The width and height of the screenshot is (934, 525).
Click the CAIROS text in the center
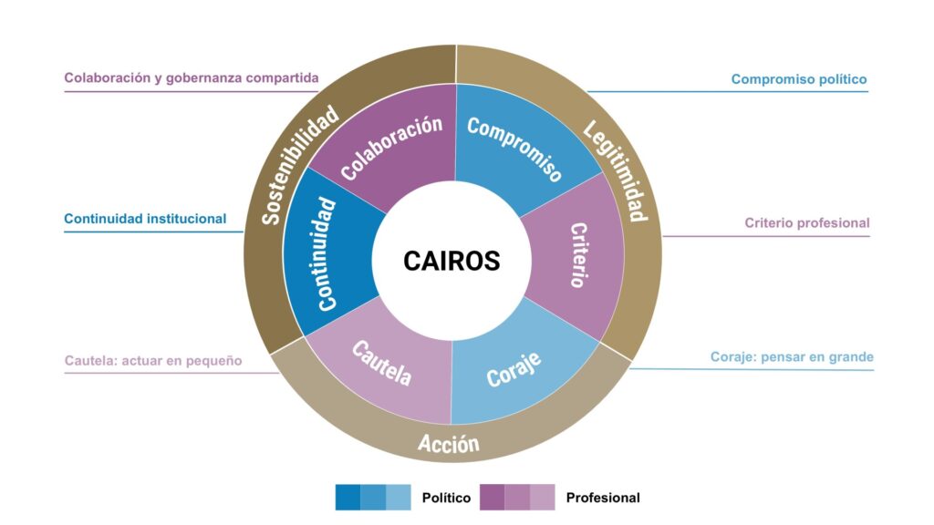tap(451, 261)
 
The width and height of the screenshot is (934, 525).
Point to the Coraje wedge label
tap(514, 368)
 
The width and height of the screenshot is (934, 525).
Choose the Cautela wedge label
tap(382, 364)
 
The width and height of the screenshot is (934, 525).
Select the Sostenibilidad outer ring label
tap(300, 165)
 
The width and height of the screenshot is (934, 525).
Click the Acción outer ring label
tap(448, 444)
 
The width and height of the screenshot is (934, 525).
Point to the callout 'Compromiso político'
tap(799, 79)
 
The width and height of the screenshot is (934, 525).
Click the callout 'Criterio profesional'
tap(806, 222)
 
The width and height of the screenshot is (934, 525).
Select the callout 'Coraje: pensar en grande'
tap(792, 356)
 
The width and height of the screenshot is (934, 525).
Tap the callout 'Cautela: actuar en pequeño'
tap(153, 360)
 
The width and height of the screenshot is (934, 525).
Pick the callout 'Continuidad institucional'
tap(145, 219)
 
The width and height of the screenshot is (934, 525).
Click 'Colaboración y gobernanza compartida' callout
tap(192, 77)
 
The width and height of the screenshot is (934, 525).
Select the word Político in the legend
tap(446, 498)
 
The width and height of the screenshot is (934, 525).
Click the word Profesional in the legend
tap(603, 498)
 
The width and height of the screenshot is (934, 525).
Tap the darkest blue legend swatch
tap(348, 497)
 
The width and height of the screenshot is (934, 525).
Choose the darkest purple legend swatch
tap(493, 497)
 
